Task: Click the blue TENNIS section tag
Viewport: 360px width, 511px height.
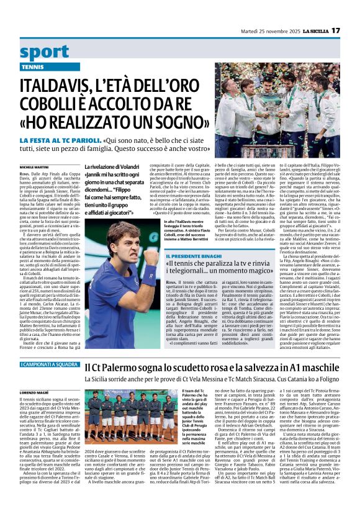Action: pos(32,66)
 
